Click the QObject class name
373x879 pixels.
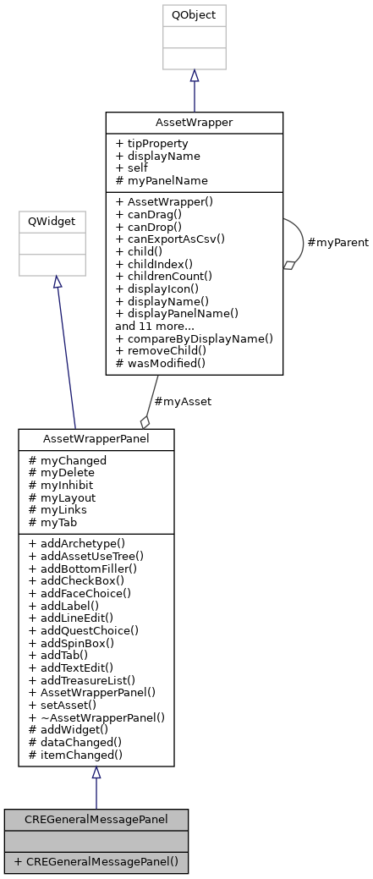pyautogui.click(x=194, y=15)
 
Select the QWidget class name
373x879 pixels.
pyautogui.click(x=52, y=221)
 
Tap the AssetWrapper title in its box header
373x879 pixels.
pyautogui.click(x=194, y=122)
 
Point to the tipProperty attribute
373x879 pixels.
pyautogui.click(x=152, y=144)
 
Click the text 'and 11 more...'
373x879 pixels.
pyautogui.click(x=154, y=325)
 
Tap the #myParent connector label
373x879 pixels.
pyautogui.click(x=337, y=243)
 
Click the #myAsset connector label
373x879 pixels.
pyautogui.click(x=183, y=401)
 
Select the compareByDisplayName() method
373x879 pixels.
pyautogui.click(x=194, y=338)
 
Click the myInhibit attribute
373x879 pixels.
pyautogui.click(x=60, y=485)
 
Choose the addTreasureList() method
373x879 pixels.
pyautogui.click(x=81, y=679)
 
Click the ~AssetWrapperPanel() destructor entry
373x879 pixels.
pyautogui.click(x=96, y=717)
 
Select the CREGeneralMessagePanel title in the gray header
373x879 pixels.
pyautogui.click(x=96, y=819)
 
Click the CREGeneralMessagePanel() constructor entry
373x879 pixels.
pyautogui.click(x=96, y=862)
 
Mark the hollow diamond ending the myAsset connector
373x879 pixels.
pyautogui.click(x=145, y=421)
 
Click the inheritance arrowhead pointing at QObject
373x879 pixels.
pyautogui.click(x=194, y=76)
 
